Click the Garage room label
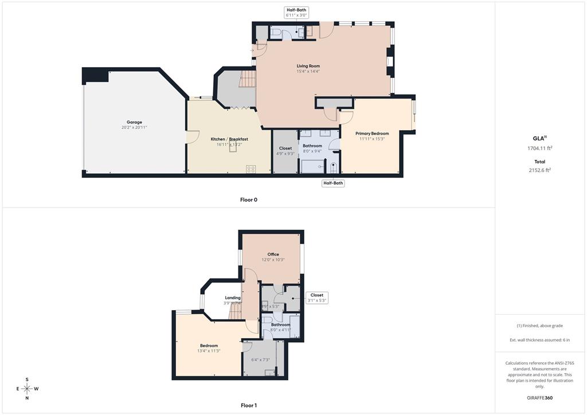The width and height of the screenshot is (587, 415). [x=134, y=122]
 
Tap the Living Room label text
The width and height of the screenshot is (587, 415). [x=308, y=66]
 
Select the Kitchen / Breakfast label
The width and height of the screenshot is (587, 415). [x=229, y=139]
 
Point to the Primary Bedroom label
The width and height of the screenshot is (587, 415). [x=372, y=134]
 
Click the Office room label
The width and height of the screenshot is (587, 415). [x=273, y=255]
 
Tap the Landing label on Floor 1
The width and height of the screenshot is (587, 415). [x=233, y=298]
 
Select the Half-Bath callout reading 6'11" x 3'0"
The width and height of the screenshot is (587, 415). [x=296, y=13]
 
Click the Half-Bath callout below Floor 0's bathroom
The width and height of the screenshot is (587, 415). [x=333, y=183]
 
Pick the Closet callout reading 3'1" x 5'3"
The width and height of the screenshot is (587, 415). [x=316, y=298]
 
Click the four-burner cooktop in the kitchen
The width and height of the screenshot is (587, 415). [x=251, y=169]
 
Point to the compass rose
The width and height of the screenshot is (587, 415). [x=26, y=389]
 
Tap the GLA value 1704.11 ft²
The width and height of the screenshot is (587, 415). [x=539, y=148]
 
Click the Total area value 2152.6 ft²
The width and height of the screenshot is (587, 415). [x=539, y=170]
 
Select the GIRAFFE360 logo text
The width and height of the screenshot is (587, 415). [x=539, y=398]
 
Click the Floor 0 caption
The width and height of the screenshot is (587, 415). [x=249, y=200]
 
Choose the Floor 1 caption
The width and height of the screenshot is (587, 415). [x=249, y=406]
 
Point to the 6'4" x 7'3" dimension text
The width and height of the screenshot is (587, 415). [x=261, y=360]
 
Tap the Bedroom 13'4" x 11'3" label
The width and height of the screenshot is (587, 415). [x=209, y=348]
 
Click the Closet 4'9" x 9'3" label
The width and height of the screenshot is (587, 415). [x=285, y=151]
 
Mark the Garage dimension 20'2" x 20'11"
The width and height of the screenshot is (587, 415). [x=134, y=127]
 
